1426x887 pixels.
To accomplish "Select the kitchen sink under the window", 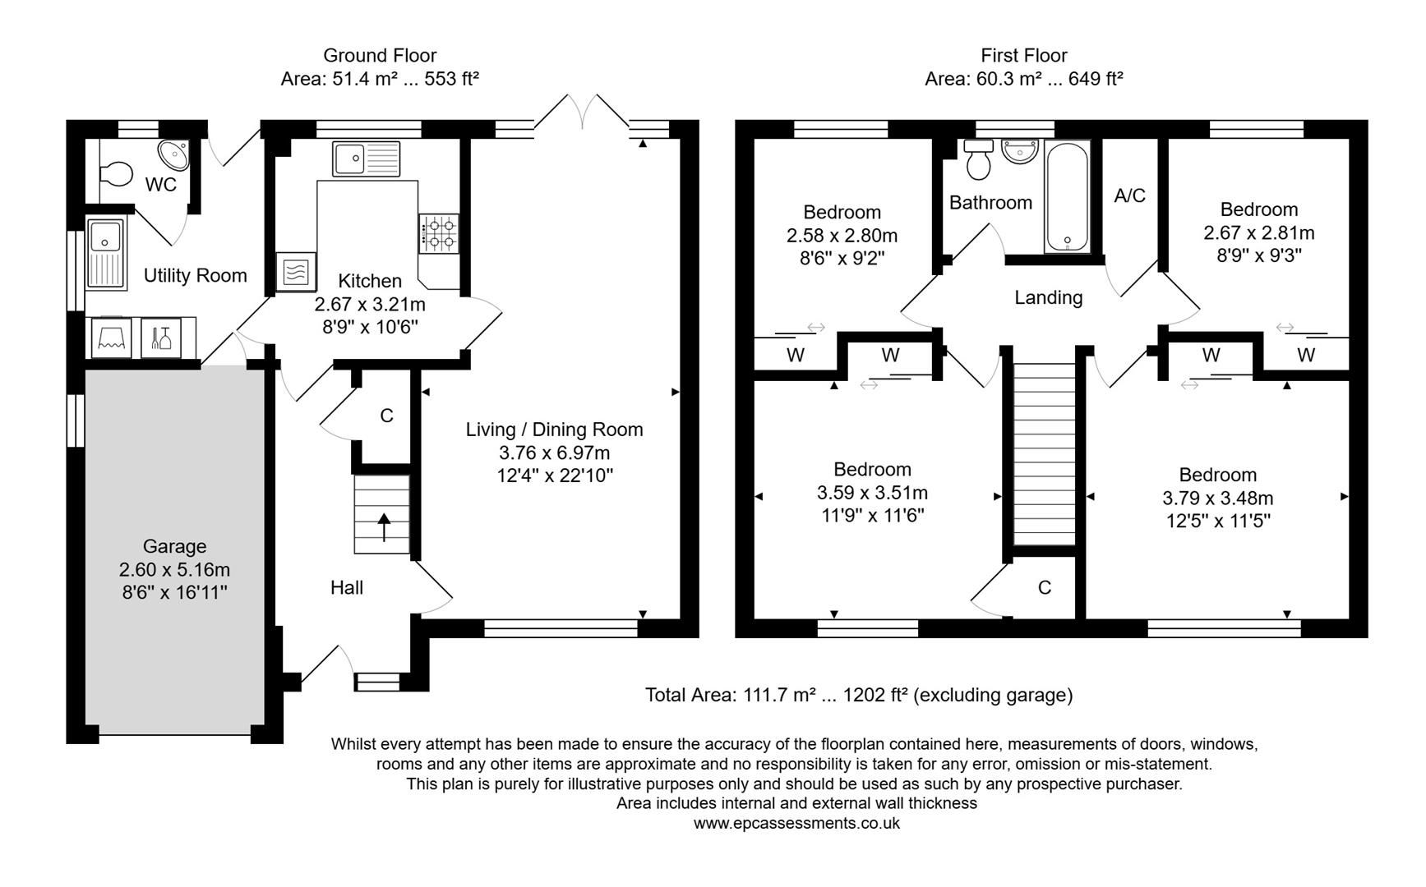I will coord(366,159).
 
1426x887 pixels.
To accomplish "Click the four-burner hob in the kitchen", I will coord(439,232).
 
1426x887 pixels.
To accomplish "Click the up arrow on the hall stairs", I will coord(383,526).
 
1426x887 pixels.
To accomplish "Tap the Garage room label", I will coord(174,546).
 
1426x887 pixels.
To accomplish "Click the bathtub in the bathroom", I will coord(1067,197).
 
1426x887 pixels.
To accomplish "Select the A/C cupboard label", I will coord(1129,195).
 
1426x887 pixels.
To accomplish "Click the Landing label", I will coord(1048,297).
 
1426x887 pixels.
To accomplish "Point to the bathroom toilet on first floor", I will coord(978,160).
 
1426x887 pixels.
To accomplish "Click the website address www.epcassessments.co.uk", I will coord(796,823).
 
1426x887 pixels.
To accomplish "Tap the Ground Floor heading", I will coord(379,55).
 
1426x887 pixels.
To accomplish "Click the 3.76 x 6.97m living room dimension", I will coord(554,453).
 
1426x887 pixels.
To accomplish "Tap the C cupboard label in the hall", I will coord(386,416).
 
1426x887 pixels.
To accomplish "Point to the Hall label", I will coord(346,587).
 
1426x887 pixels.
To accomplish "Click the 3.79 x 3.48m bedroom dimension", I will coord(1217,498).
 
